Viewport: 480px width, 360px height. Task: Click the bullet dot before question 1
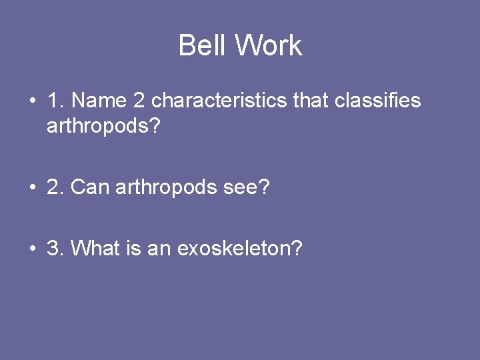tap(33, 101)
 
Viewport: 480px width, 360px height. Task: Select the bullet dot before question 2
tap(33, 188)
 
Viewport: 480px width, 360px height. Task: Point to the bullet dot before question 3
tap(33, 249)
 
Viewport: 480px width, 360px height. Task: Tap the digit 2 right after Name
tap(139, 101)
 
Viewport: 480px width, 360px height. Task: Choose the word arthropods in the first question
tap(100, 126)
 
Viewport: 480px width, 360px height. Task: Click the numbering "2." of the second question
tap(55, 187)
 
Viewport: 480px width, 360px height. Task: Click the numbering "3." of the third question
tap(55, 249)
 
